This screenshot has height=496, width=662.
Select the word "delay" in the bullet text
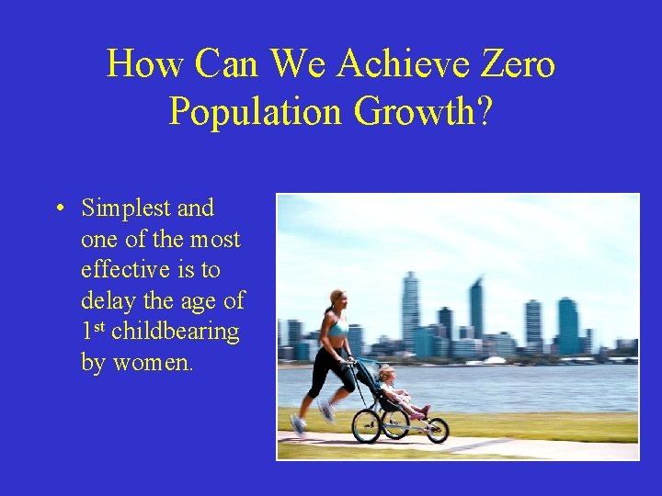tap(107, 300)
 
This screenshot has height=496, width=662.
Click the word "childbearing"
tap(176, 332)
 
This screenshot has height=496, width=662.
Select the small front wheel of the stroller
tap(437, 430)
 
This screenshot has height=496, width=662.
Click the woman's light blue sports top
tap(337, 327)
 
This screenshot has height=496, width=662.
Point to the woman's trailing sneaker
tap(298, 423)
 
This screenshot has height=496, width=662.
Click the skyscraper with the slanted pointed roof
tap(475, 308)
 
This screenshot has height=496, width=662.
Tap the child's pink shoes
tap(423, 411)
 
